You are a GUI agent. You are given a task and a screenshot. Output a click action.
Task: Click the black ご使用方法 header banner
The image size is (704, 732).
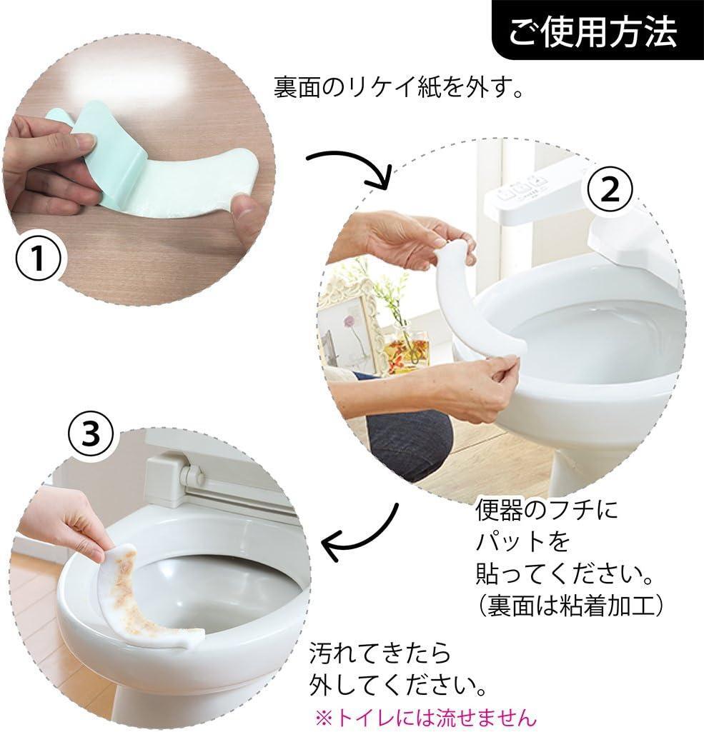598,30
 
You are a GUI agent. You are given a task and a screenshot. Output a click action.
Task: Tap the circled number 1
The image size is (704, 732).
39,257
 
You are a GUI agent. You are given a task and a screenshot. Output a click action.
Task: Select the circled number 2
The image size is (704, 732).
609,189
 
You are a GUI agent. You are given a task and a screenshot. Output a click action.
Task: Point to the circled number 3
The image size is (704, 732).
91,433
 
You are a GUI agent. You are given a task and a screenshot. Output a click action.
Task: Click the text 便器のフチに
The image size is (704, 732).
546,509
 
